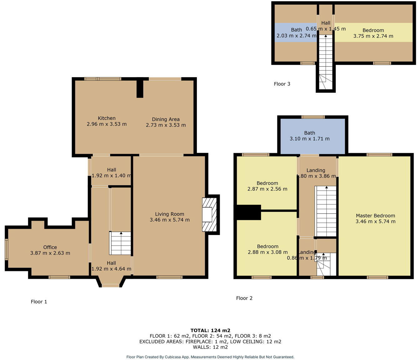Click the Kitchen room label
coord(107,118)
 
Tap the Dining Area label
coord(166,119)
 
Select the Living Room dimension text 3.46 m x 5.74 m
coord(169,220)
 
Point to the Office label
coord(50,247)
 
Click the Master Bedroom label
coord(375,216)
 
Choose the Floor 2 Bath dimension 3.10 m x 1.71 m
coord(310,138)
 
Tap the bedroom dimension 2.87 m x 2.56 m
coord(267,189)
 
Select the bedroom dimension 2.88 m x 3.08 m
coord(268,252)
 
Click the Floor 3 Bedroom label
coord(373,30)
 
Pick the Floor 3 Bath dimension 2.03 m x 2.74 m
coord(296,36)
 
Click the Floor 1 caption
coord(39,302)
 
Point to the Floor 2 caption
coord(244,298)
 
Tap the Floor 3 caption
coord(282,84)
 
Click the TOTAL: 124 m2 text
coord(210,330)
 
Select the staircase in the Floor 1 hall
coord(120,243)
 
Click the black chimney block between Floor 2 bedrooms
coord(248,212)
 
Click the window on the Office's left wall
coord(6,249)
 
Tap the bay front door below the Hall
coord(111,285)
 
